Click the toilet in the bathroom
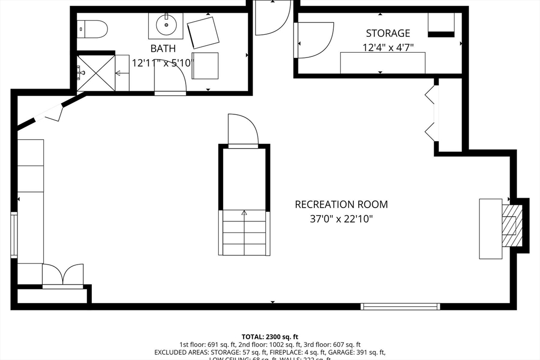93,28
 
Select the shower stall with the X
96,73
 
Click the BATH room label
163,48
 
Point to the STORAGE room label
388,33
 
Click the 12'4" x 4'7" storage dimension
388,47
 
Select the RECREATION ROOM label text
341,205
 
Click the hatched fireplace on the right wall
510,226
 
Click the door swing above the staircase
242,130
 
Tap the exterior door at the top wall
272,18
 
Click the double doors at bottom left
63,275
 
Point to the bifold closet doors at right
430,113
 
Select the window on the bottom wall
400,306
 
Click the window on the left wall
14,235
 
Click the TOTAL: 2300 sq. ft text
270,336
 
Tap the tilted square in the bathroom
203,32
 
